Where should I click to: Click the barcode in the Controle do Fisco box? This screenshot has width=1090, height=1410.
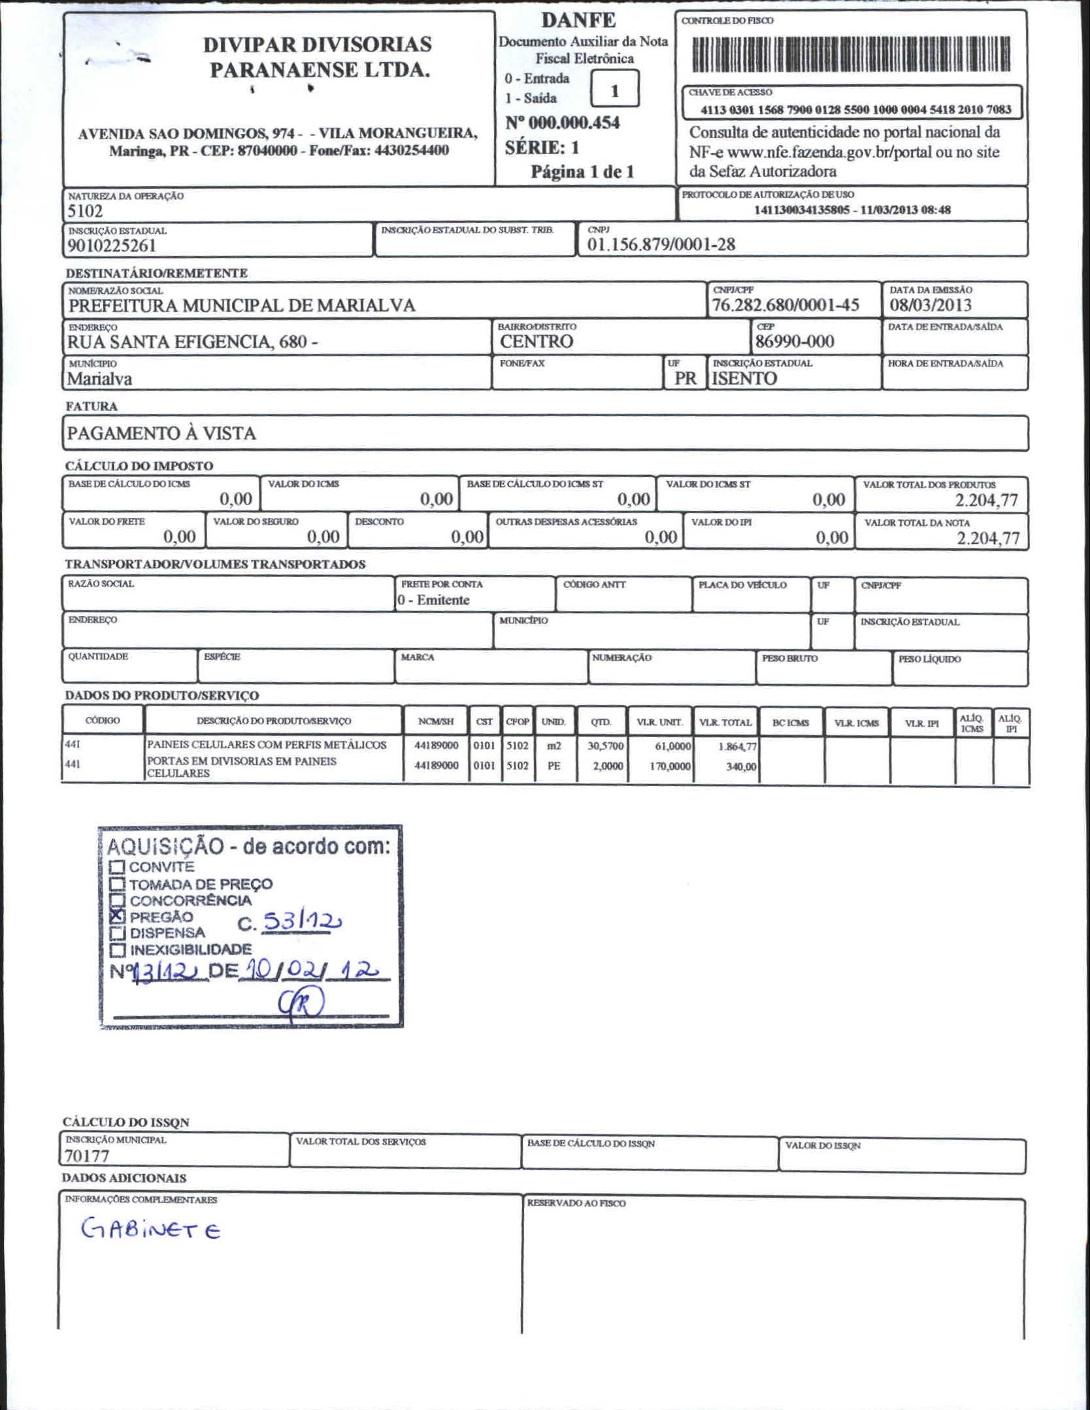[851, 54]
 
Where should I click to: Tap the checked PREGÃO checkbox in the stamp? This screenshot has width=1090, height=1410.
[117, 915]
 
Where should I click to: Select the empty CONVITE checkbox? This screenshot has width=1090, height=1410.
[117, 867]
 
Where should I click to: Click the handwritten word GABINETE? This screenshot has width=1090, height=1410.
[150, 1229]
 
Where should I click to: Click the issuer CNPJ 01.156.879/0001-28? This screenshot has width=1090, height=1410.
[661, 244]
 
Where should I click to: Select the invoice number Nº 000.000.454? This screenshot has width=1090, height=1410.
[562, 123]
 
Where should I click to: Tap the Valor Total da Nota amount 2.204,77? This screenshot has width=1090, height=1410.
[987, 538]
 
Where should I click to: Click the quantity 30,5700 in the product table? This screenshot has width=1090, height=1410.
[605, 746]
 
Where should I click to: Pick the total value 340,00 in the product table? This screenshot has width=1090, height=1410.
[741, 766]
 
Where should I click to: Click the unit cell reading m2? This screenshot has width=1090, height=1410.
[554, 746]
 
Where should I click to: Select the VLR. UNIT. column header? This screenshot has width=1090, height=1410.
[659, 722]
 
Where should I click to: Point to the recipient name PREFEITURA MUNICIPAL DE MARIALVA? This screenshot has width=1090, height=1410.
[242, 306]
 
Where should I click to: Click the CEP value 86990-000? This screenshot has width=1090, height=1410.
[795, 341]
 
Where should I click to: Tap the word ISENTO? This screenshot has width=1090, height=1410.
[744, 378]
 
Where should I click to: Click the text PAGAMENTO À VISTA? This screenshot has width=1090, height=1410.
[161, 433]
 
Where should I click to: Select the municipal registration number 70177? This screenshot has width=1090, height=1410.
[86, 1156]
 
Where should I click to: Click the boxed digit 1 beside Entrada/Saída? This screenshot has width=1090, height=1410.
[614, 91]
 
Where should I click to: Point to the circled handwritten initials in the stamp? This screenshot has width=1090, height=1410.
[301, 1003]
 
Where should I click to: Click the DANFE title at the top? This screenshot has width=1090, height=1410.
[578, 20]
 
